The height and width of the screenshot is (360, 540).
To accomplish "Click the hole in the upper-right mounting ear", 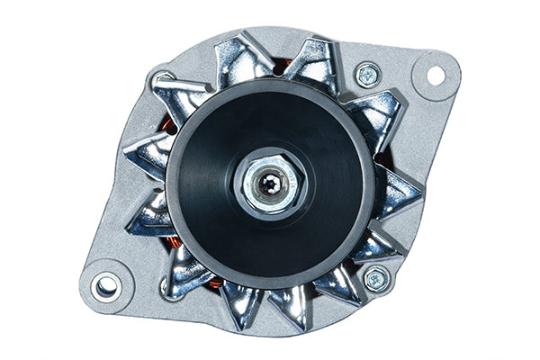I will [x=436, y=76].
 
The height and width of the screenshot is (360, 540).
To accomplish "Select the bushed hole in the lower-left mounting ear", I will [x=106, y=286].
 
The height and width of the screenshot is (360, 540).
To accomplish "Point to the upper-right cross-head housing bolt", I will [x=366, y=75].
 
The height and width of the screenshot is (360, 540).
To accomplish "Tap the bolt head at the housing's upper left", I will [x=163, y=81].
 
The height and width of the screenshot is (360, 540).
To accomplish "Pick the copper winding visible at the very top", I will [x=281, y=66].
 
